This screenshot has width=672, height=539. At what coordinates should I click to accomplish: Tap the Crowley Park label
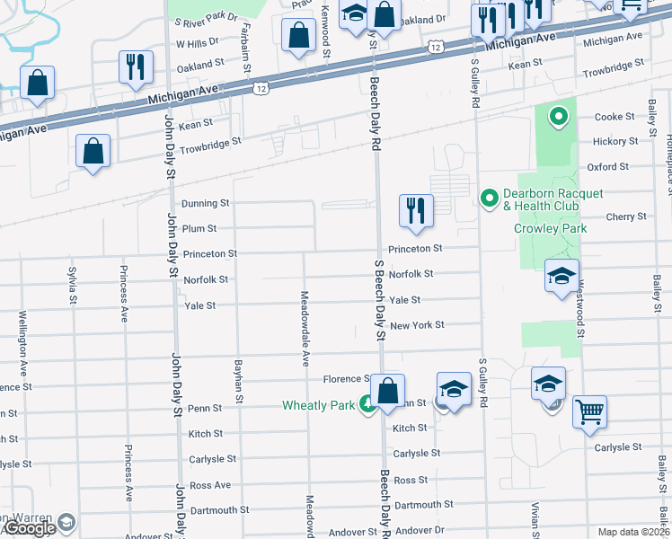[550, 228]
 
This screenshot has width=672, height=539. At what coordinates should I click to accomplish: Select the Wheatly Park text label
[319, 405]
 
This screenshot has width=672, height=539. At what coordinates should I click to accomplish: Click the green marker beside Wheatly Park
[367, 405]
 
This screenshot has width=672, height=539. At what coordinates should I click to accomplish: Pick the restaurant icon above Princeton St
[415, 211]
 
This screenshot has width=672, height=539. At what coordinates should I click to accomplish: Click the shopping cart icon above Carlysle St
[590, 411]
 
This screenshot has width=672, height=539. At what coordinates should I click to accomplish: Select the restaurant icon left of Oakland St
[137, 66]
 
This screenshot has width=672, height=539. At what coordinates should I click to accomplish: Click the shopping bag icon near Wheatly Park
[387, 391]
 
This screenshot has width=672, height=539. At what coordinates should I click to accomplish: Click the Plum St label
[199, 229]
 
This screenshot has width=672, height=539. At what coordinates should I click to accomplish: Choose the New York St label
[417, 324]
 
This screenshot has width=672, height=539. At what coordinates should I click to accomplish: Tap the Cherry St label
[625, 216]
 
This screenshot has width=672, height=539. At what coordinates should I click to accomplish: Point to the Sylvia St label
[72, 282]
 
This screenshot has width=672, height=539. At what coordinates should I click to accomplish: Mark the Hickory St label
[616, 142]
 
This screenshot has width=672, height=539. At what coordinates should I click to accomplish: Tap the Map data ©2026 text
[634, 532]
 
